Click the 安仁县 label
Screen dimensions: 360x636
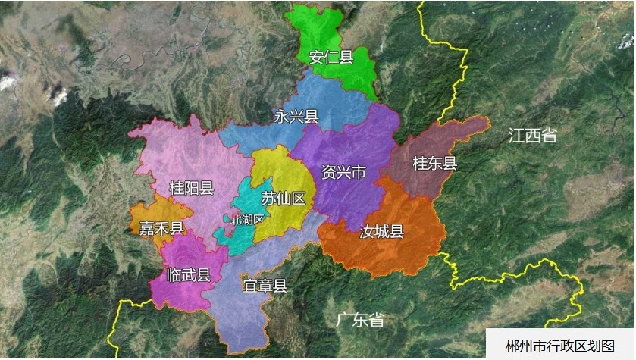click(331, 57)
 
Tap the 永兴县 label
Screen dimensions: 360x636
click(296, 117)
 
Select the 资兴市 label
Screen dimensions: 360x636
click(343, 173)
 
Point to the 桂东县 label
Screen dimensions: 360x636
click(434, 164)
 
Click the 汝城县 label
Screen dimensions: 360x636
click(381, 232)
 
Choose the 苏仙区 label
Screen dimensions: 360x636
click(283, 199)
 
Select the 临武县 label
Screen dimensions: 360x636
click(188, 276)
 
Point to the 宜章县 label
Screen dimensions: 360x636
click(265, 286)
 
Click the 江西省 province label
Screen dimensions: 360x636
click(533, 136)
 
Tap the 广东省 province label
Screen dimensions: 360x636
click(359, 320)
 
